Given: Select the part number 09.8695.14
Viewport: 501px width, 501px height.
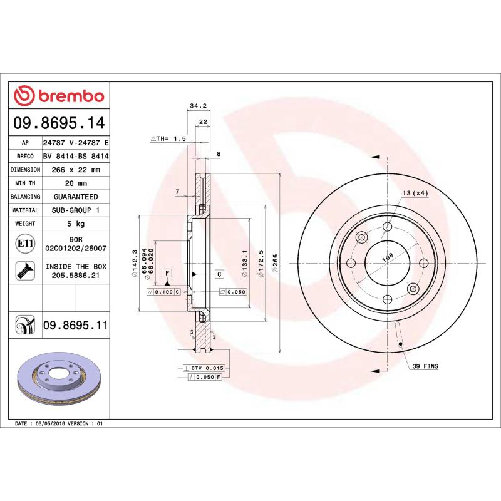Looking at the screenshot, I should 59,122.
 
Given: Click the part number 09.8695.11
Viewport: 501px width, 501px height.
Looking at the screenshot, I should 76,325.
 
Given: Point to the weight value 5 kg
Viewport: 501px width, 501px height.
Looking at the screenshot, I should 76,224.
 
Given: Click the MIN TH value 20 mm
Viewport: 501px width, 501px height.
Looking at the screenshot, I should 76,183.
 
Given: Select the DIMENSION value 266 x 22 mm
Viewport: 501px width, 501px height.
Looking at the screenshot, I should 76,170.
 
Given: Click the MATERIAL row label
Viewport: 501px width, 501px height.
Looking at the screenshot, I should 25,210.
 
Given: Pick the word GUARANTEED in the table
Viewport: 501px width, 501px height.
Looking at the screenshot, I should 76,197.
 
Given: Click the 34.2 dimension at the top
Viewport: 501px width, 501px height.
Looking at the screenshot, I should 198,106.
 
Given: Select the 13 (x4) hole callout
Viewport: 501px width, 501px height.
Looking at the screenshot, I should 415,193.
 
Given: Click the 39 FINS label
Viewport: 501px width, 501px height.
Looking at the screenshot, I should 426,366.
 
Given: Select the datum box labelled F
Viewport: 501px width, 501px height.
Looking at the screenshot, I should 167,273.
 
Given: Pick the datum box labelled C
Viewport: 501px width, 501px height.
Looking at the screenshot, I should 220,274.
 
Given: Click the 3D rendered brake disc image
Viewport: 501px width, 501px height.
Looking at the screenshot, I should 59,381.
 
